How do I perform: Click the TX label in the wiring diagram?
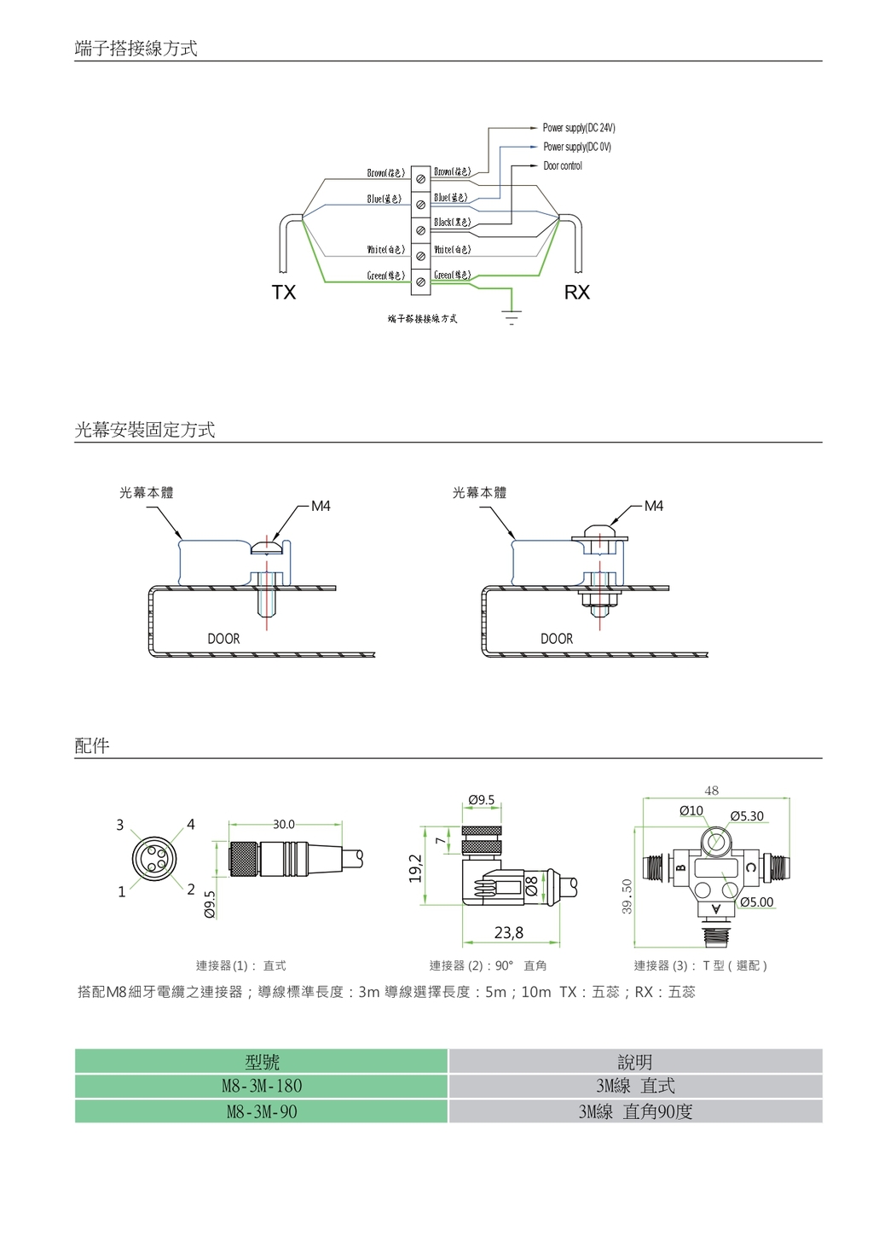(x=284, y=293)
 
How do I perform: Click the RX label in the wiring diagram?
(x=577, y=293)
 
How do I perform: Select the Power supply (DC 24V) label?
(x=579, y=128)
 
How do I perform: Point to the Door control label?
(x=563, y=165)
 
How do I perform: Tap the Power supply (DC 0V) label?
(x=577, y=147)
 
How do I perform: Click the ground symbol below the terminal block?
(x=512, y=319)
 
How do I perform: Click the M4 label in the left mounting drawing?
(x=321, y=506)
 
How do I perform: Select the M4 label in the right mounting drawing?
(x=654, y=506)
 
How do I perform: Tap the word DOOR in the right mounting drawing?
(x=557, y=639)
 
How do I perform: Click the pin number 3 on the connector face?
(x=120, y=825)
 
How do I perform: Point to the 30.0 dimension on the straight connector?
(x=284, y=825)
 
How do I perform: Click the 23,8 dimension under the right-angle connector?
(x=509, y=933)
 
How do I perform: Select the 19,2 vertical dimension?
(x=416, y=867)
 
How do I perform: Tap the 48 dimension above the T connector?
(x=712, y=791)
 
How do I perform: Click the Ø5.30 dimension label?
(x=747, y=816)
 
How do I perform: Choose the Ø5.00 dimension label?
(x=756, y=902)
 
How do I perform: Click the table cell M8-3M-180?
(x=262, y=1086)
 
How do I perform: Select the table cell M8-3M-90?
(x=262, y=1111)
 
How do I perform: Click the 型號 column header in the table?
(x=262, y=1062)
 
